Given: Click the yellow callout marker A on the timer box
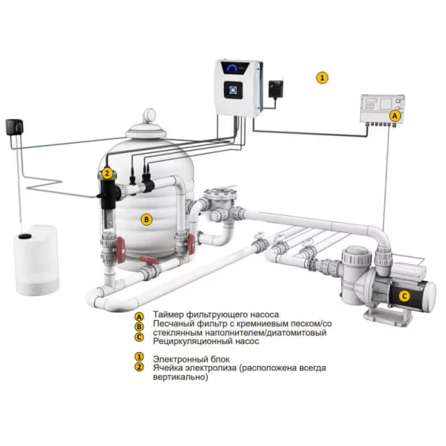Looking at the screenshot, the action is click(x=394, y=116).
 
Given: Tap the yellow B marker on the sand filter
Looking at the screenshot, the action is click(x=146, y=220).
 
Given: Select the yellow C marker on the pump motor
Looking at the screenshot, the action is click(x=404, y=296).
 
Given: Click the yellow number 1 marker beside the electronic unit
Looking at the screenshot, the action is click(x=322, y=78).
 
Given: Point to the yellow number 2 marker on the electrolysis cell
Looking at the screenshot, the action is click(x=107, y=173).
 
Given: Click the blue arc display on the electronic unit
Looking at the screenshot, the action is click(x=233, y=67).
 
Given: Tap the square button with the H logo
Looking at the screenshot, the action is click(x=233, y=90).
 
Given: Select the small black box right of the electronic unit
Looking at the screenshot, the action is click(x=275, y=89).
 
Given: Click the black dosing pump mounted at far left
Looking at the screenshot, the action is click(x=14, y=127).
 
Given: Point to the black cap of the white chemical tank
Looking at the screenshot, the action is click(x=24, y=236).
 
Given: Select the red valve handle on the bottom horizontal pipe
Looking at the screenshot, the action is click(x=149, y=260).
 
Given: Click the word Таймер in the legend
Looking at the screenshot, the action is click(x=169, y=314).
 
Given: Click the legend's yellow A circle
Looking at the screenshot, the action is click(x=139, y=317).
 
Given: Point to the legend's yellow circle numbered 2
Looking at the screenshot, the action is click(x=139, y=367).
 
